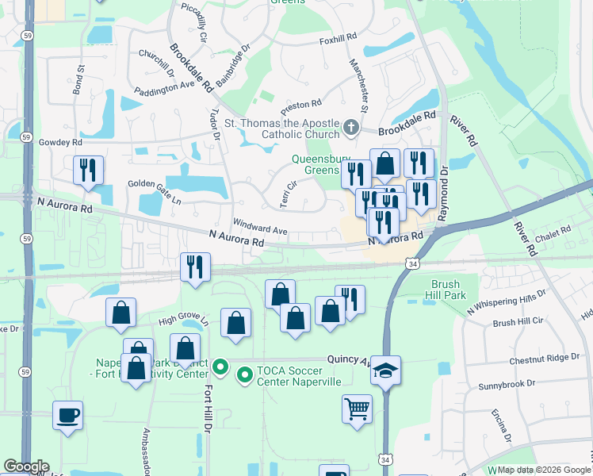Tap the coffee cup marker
67,414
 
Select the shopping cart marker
357,409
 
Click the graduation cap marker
385,370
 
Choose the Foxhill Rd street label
339,39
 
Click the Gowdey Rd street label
66,143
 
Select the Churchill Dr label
156,61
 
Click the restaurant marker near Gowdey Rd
87,170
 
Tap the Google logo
25,466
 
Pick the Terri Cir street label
287,194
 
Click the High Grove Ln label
182,321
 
